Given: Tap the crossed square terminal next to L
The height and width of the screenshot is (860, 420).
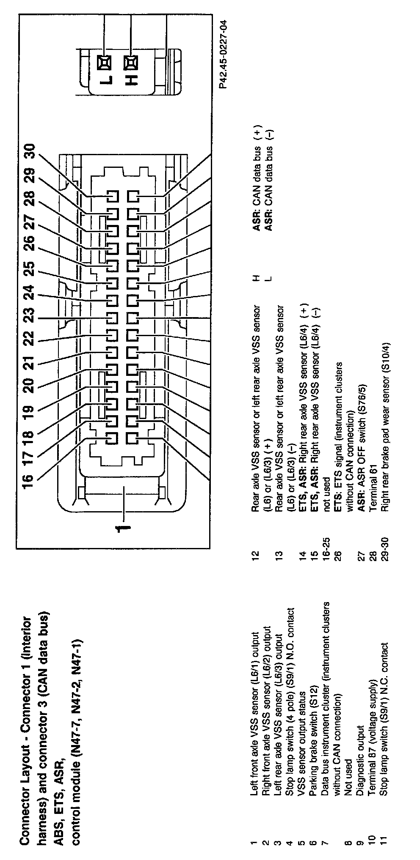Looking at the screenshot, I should pyautogui.click(x=104, y=62).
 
